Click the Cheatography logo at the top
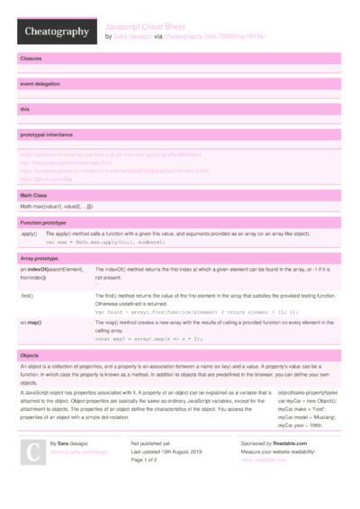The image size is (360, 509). pyautogui.click(x=55, y=31)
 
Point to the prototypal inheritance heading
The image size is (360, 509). pyautogui.click(x=48, y=135)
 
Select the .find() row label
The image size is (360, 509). pyautogui.click(x=27, y=295)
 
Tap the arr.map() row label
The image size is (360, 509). pyautogui.click(x=31, y=321)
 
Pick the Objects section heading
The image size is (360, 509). pyautogui.click(x=30, y=353)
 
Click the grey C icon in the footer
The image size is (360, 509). pyautogui.click(x=32, y=451)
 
